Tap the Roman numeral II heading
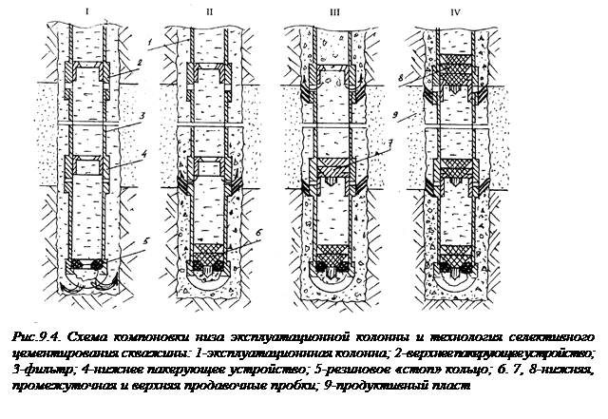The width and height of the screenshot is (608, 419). pos(208,12)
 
